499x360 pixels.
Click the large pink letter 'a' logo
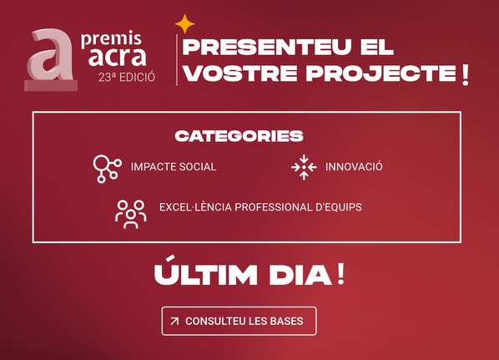(49, 60)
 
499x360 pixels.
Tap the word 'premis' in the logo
(112, 38)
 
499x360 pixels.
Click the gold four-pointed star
(184, 25)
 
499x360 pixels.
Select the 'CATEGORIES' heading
(239, 135)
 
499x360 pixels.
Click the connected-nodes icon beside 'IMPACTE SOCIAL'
(107, 167)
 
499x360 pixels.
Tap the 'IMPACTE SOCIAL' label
(174, 167)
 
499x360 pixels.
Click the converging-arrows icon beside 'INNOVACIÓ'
(304, 167)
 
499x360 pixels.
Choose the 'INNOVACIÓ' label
(354, 167)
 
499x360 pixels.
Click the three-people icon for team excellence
(130, 213)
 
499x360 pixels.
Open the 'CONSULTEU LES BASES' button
(239, 321)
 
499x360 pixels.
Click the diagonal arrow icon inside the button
(174, 321)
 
